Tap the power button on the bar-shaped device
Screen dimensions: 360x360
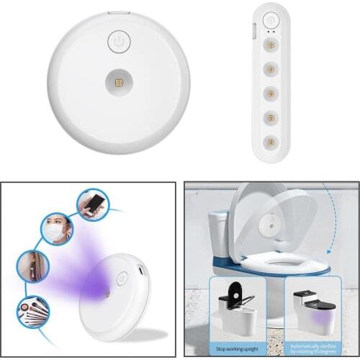click(x=271, y=21)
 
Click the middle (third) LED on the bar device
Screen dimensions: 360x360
click(x=271, y=94)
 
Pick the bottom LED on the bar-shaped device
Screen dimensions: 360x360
click(x=271, y=140)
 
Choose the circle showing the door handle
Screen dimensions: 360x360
click(x=33, y=266)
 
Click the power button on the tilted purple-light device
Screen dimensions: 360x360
click(x=121, y=276)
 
